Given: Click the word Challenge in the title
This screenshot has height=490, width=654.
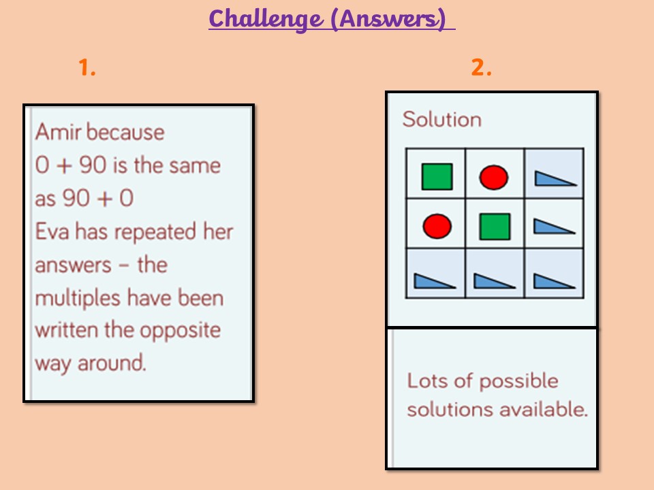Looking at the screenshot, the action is [x=266, y=19].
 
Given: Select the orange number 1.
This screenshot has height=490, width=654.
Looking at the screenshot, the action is [x=87, y=67].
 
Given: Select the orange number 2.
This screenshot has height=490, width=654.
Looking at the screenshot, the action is [x=481, y=67].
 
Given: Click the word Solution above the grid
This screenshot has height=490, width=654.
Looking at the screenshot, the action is [x=441, y=120].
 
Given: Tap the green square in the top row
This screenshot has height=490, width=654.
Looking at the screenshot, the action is [x=437, y=177].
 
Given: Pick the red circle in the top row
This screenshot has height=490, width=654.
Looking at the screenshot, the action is [x=494, y=178].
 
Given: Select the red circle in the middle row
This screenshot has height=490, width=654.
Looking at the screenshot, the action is [x=437, y=226].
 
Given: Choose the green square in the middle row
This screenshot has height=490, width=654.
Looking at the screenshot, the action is [x=495, y=227].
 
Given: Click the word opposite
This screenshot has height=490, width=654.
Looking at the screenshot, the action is [x=180, y=331].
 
